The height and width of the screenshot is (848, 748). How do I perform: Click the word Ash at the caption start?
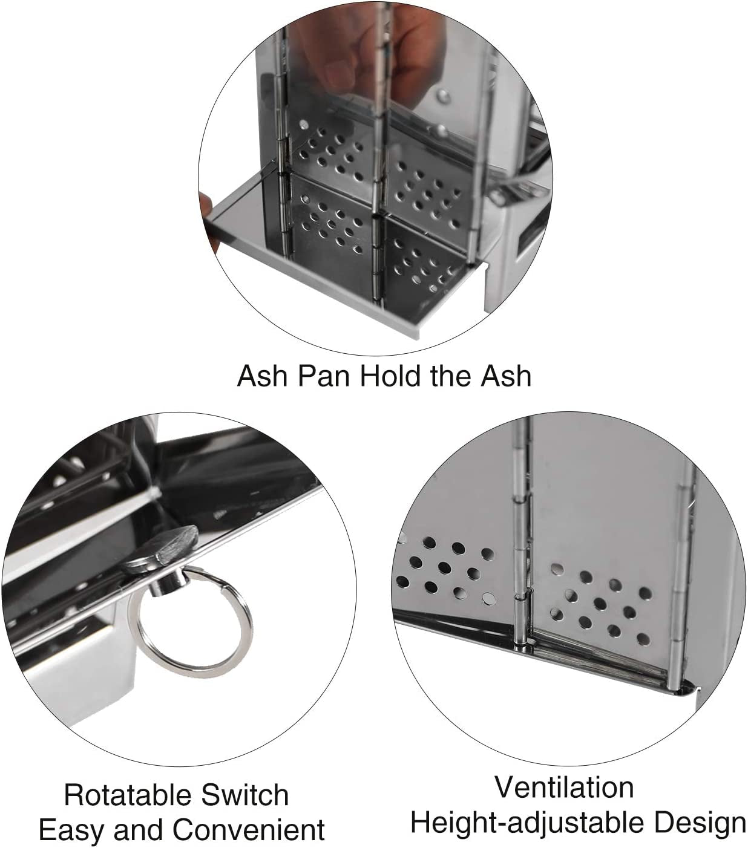(x=260, y=376)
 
